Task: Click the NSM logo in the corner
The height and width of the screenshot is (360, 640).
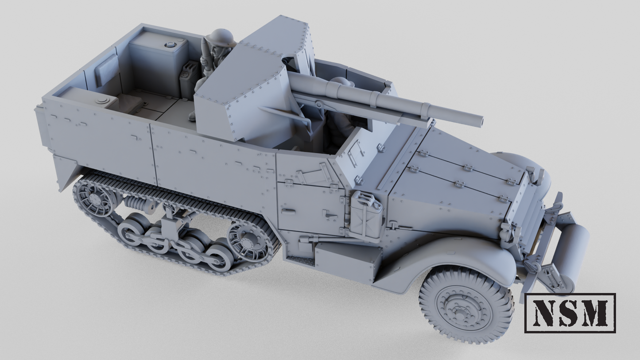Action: [x=570, y=313]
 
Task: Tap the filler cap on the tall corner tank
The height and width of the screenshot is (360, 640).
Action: [x=170, y=45]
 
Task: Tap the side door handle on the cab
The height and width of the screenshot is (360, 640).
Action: [x=329, y=215]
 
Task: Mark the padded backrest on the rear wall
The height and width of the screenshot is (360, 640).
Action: [x=107, y=70]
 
